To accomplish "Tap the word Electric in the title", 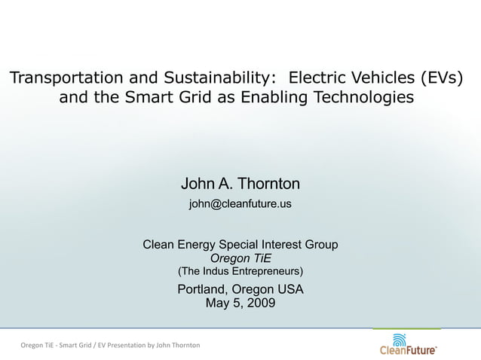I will (320, 78).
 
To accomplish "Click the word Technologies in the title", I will (367, 97).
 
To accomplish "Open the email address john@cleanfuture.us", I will (240, 204).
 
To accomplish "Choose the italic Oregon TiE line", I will (240, 258).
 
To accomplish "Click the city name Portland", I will (202, 290).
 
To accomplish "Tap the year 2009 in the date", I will (259, 304).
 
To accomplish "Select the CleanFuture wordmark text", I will (407, 350).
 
